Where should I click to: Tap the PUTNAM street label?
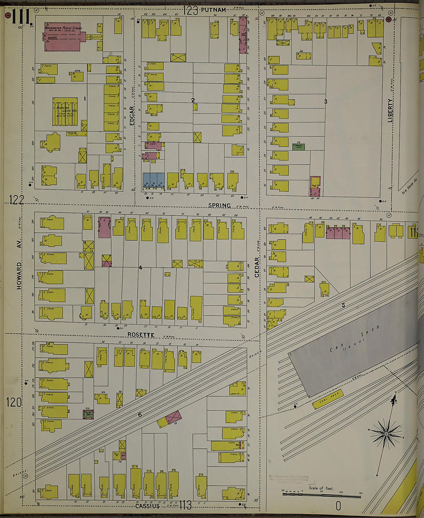click(x=213, y=10)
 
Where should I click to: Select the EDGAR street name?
click(x=132, y=115)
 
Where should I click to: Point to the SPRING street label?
click(x=219, y=205)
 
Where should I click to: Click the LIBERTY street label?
click(x=390, y=110)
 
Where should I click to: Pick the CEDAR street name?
click(x=257, y=267)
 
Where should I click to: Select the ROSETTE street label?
click(x=141, y=335)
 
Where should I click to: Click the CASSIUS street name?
click(x=147, y=506)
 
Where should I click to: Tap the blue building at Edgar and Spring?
click(x=153, y=181)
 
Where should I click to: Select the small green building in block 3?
click(x=298, y=146)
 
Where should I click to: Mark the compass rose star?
click(x=386, y=434)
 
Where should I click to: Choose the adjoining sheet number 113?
click(x=185, y=505)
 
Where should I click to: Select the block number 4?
click(x=140, y=267)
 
